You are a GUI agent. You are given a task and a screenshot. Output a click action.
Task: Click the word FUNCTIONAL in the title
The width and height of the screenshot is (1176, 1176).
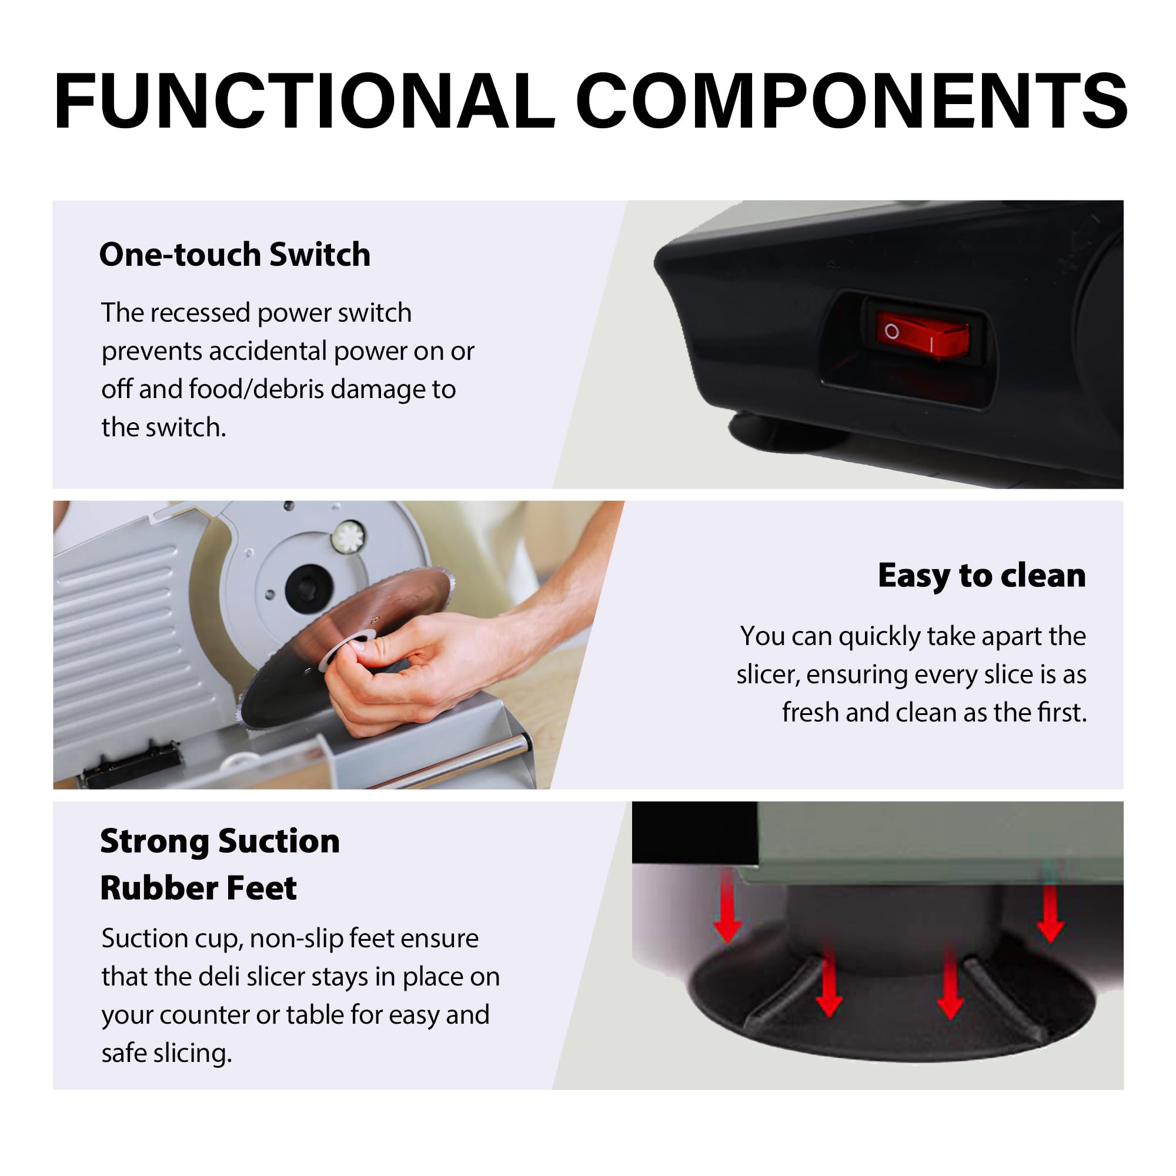click(x=305, y=101)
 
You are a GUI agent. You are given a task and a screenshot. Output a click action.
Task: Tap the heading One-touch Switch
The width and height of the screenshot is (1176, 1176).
click(x=235, y=255)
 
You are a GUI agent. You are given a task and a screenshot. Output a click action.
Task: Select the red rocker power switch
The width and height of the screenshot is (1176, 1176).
click(x=923, y=334)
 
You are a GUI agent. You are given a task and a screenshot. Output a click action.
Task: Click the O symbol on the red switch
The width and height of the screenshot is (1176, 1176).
click(x=892, y=332)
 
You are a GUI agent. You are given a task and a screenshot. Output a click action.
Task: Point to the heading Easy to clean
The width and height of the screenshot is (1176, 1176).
click(x=982, y=576)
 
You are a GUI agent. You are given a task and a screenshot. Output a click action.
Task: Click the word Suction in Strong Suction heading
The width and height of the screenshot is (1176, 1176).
click(x=279, y=841)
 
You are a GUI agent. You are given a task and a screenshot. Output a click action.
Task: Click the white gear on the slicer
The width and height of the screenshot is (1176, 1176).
click(x=349, y=537)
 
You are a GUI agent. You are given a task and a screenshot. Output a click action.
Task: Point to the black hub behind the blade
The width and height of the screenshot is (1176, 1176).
click(x=309, y=587)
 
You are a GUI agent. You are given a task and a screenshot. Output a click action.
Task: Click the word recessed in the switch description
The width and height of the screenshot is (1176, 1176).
click(x=200, y=313)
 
